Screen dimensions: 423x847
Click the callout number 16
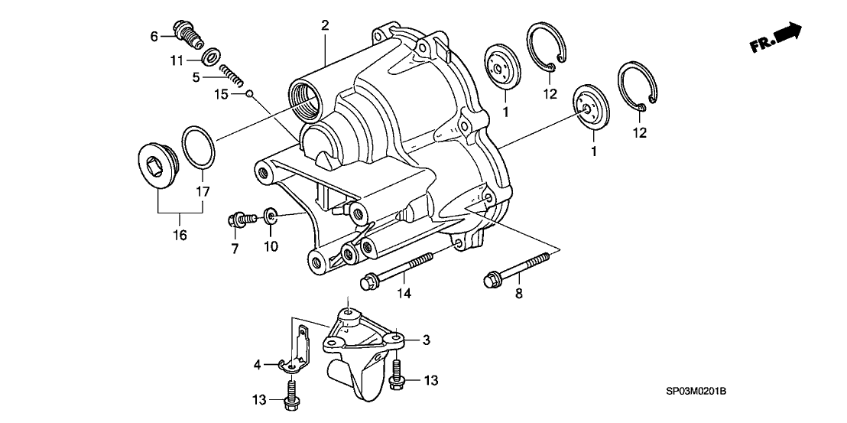pos(179,235)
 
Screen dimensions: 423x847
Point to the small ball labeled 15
pos(249,94)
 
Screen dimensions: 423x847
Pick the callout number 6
pos(154,36)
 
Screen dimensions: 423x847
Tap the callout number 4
pos(258,365)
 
